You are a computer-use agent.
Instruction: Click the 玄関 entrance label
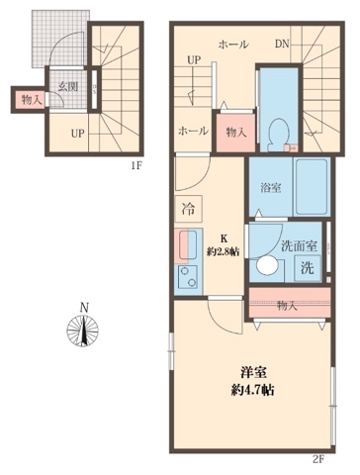pos(68,87)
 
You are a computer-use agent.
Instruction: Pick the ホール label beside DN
pos(233,45)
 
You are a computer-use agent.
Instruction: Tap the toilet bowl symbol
pos(279,130)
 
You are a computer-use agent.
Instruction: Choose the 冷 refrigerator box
pos(189,209)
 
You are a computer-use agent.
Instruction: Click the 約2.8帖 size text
pos(224,252)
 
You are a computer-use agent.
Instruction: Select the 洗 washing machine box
pos(308,267)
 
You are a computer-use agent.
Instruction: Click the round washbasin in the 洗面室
pos(266,266)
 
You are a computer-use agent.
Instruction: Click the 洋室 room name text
pos(255,372)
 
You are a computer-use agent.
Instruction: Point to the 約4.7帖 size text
pos(255,389)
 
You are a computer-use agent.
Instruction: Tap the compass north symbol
pos(84,331)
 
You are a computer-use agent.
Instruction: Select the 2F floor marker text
pos(318,458)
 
